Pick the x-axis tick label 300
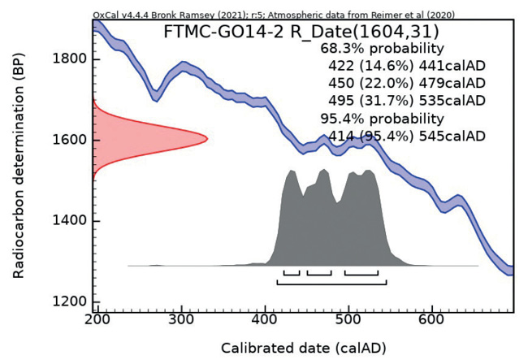[x=181, y=322]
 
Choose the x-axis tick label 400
[x=266, y=322]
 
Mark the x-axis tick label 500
[x=349, y=322]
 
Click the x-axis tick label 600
[x=433, y=322]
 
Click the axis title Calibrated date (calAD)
[x=305, y=347]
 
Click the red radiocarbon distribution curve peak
[x=205, y=139]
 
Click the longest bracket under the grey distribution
[x=331, y=283]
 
